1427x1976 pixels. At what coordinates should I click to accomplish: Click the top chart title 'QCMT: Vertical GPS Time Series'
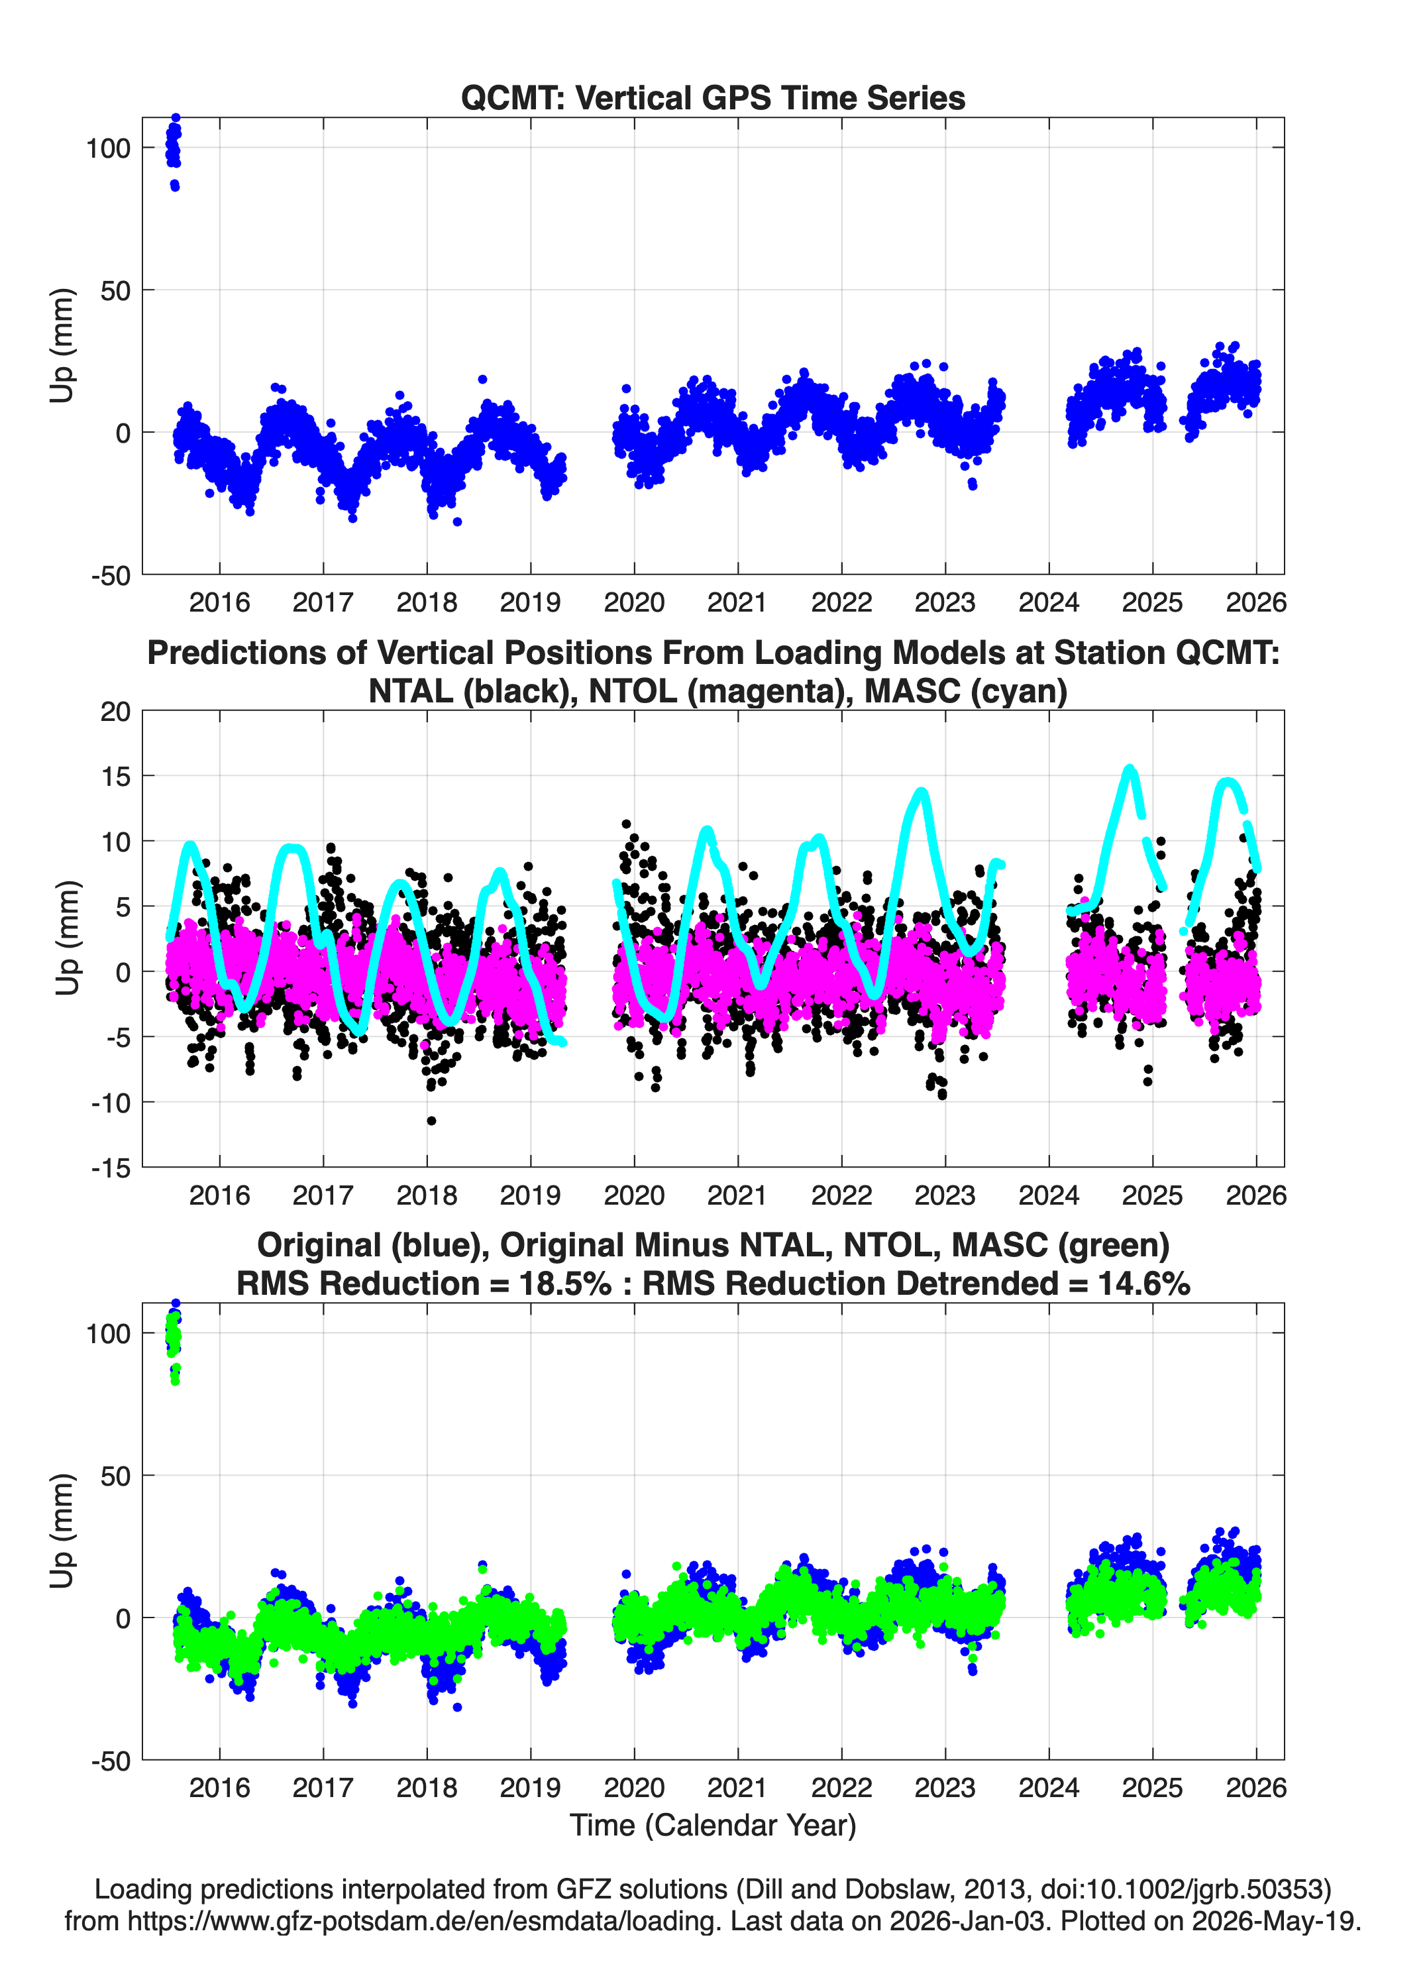[713, 97]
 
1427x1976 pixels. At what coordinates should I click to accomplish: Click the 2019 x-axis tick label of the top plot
[531, 602]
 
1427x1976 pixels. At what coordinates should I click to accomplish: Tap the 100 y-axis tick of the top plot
[108, 148]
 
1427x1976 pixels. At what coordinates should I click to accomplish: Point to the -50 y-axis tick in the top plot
[111, 575]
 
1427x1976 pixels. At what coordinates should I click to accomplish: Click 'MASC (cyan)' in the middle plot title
[966, 691]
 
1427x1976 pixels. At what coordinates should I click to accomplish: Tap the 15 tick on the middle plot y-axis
[116, 775]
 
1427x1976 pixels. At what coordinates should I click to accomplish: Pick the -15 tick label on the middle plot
[111, 1168]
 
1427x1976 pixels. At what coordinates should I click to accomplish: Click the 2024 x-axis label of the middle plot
[1049, 1195]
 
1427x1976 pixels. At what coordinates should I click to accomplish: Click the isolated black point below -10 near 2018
[431, 1121]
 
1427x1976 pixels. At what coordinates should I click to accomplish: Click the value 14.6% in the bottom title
[1144, 1284]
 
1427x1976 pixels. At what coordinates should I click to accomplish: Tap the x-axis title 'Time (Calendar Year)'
[713, 1824]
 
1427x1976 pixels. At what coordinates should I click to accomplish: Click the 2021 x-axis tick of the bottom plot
[738, 1787]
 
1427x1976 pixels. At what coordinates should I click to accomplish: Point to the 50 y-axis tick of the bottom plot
[116, 1476]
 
